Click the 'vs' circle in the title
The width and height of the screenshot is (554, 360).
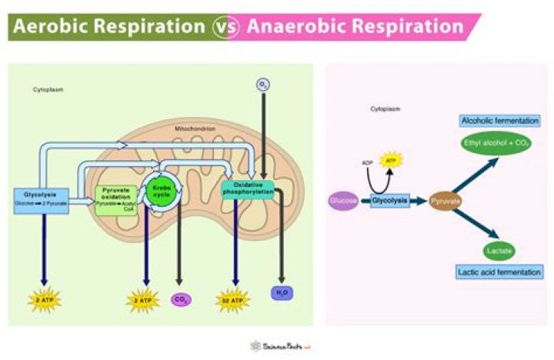(222, 26)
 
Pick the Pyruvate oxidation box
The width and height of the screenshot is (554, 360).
(116, 199)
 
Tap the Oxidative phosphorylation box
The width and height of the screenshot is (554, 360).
(249, 189)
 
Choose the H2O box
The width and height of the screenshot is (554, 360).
(281, 292)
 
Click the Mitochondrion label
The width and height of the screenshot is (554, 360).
(196, 128)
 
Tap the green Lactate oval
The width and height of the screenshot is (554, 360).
(499, 251)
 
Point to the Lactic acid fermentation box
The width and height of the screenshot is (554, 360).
(499, 272)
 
